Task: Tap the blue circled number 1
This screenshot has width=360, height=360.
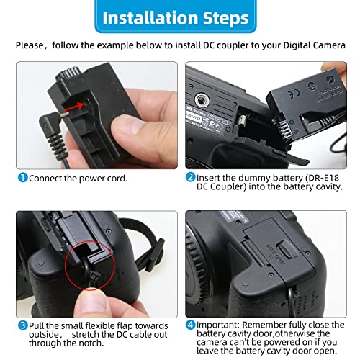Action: (23, 178)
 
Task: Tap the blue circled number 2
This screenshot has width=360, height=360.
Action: (191, 178)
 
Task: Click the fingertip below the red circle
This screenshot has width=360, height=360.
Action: (92, 295)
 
